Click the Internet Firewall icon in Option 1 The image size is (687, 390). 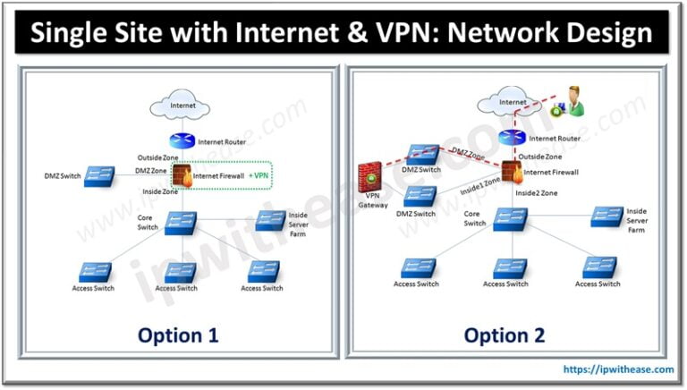point(183,174)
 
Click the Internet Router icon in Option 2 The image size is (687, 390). point(512,138)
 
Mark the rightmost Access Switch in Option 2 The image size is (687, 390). point(598,267)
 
